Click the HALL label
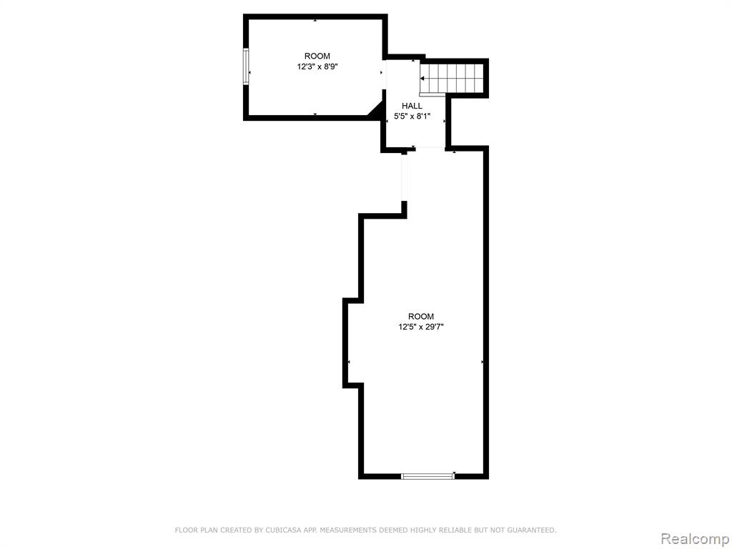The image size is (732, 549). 412,106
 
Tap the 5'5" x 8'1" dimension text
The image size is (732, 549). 412,117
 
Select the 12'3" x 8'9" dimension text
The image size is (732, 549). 317,66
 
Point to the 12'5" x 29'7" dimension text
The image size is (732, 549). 420,327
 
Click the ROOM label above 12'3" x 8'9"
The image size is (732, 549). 317,56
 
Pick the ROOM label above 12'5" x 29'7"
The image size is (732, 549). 420,317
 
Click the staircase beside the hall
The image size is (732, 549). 451,79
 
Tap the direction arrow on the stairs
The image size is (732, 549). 422,79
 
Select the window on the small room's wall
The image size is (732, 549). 246,66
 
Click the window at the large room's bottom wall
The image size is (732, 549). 428,476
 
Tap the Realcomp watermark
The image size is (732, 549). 695,538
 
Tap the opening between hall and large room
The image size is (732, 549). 430,149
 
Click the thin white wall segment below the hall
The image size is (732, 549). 405,178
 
